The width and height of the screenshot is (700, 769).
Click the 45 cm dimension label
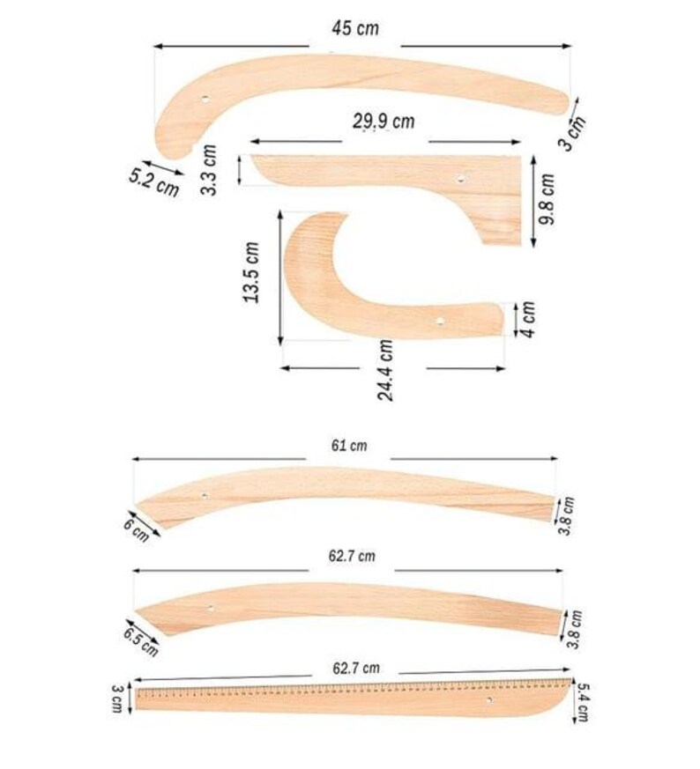pyautogui.click(x=354, y=28)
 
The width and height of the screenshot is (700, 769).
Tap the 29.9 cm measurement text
pyautogui.click(x=384, y=122)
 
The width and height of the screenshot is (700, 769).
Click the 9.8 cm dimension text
pyautogui.click(x=547, y=199)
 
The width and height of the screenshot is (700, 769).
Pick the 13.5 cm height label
pyautogui.click(x=252, y=274)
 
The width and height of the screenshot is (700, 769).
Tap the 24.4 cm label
pyautogui.click(x=386, y=370)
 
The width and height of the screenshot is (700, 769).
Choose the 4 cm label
pyautogui.click(x=527, y=318)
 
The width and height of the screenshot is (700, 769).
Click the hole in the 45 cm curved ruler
pyautogui.click(x=205, y=100)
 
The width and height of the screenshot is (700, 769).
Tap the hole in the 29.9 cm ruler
pyautogui.click(x=458, y=179)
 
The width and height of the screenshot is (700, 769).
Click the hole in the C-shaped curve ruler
pyautogui.click(x=438, y=322)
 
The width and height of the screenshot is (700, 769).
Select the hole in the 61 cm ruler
pyautogui.click(x=205, y=496)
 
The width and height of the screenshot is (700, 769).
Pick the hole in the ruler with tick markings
pyautogui.click(x=489, y=699)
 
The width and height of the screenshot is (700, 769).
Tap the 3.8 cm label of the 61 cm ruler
pyautogui.click(x=570, y=510)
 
